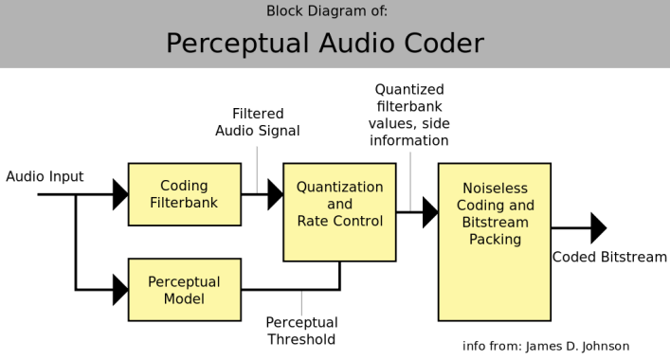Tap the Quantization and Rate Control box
click(339, 212)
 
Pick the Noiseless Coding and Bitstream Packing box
click(495, 242)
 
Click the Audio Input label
click(45, 177)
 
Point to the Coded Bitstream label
click(609, 257)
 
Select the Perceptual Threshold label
click(300, 331)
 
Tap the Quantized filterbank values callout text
click(410, 115)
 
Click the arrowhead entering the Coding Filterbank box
click(119, 194)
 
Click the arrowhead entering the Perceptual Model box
click(119, 290)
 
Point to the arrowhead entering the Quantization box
click(275, 194)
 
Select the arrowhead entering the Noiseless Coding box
click(429, 212)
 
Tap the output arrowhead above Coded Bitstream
click(598, 228)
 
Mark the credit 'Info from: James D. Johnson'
click(545, 346)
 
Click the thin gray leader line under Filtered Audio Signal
click(258, 166)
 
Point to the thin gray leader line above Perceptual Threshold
click(301, 303)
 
